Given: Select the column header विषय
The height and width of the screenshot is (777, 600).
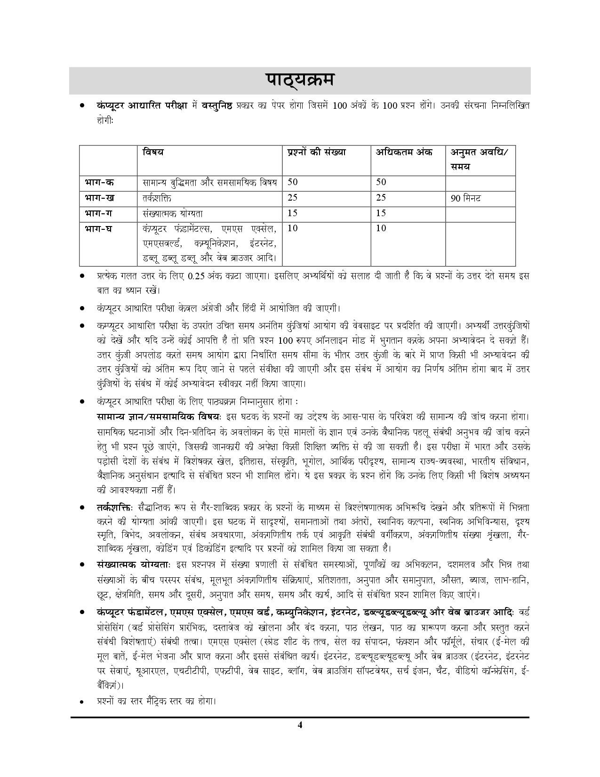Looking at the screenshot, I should (153, 152).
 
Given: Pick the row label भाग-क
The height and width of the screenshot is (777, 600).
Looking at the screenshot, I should (99, 182).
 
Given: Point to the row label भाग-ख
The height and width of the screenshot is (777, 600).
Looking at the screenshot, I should (99, 198).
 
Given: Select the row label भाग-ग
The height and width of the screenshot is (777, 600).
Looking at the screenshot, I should (99, 213).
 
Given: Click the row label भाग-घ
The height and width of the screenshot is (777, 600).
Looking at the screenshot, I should (99, 229).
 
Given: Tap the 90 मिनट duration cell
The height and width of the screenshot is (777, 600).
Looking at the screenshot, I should (466, 198).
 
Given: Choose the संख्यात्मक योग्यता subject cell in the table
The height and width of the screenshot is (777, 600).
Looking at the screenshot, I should (173, 213).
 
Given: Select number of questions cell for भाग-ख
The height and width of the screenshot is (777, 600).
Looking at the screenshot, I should (292, 198).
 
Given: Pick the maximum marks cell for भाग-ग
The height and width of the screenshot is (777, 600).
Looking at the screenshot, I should (381, 213).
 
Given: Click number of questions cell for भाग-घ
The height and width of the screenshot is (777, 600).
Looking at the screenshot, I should (292, 229).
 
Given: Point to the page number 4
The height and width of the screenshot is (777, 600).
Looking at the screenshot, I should (300, 725).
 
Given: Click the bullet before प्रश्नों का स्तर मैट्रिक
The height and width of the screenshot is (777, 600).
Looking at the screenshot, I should (82, 702).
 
